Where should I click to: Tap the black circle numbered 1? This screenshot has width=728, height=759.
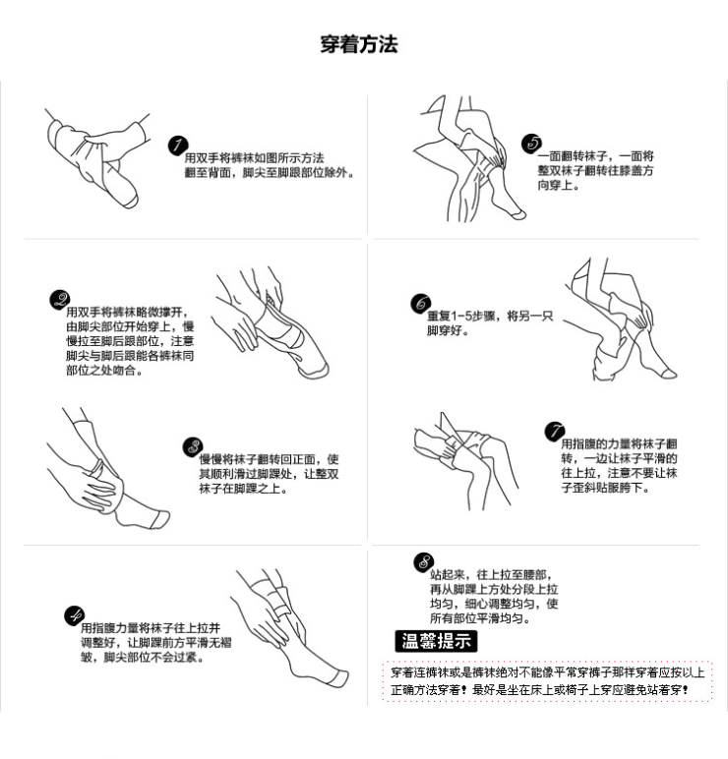point(178,146)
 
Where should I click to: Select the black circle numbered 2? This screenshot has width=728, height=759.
point(59,301)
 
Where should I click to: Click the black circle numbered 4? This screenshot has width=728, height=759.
point(74,616)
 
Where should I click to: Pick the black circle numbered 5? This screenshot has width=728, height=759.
point(532,145)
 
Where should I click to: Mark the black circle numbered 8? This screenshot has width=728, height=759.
point(424,562)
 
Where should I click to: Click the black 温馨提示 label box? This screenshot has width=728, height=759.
point(436,642)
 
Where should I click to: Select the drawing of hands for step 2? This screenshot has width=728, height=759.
point(266,324)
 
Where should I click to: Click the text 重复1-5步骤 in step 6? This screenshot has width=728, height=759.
point(463,317)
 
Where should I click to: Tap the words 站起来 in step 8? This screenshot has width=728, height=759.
point(446,574)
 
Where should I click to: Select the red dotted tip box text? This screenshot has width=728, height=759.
point(546,680)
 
